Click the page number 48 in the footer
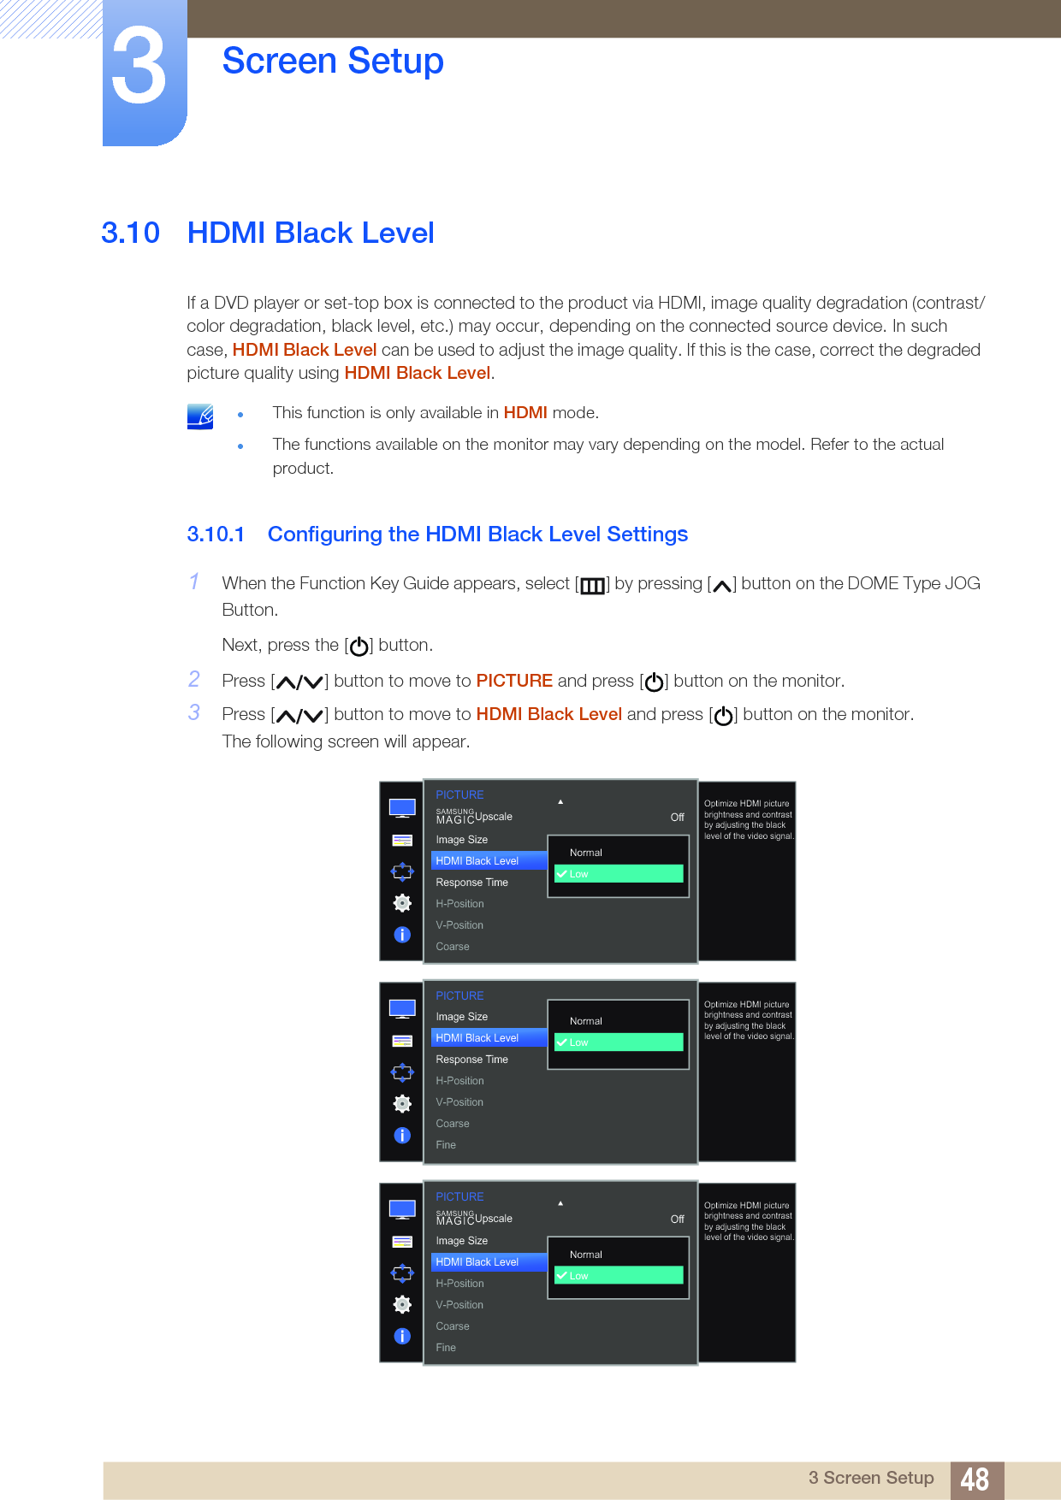pyautogui.click(x=975, y=1479)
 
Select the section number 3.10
pyautogui.click(x=130, y=233)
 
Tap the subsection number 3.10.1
pyautogui.click(x=216, y=534)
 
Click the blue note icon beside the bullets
pyautogui.click(x=200, y=416)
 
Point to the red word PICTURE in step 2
pyautogui.click(x=514, y=681)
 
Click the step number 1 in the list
pyautogui.click(x=195, y=582)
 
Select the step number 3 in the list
pyautogui.click(x=195, y=713)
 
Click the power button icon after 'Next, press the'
pyautogui.click(x=359, y=647)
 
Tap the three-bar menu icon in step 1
pyautogui.click(x=592, y=586)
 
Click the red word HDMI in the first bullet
pyautogui.click(x=525, y=413)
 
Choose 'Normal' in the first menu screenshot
pyautogui.click(x=586, y=853)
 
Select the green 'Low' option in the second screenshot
pyautogui.click(x=619, y=1042)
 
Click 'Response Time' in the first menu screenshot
pyautogui.click(x=472, y=883)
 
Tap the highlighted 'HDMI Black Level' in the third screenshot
pyautogui.click(x=477, y=1262)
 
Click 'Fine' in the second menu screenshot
pyautogui.click(x=446, y=1145)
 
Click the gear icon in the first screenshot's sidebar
pyautogui.click(x=402, y=903)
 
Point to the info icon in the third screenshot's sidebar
pyautogui.click(x=402, y=1336)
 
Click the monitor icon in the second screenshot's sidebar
pyautogui.click(x=402, y=1009)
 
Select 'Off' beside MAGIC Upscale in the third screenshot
pyautogui.click(x=677, y=1219)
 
